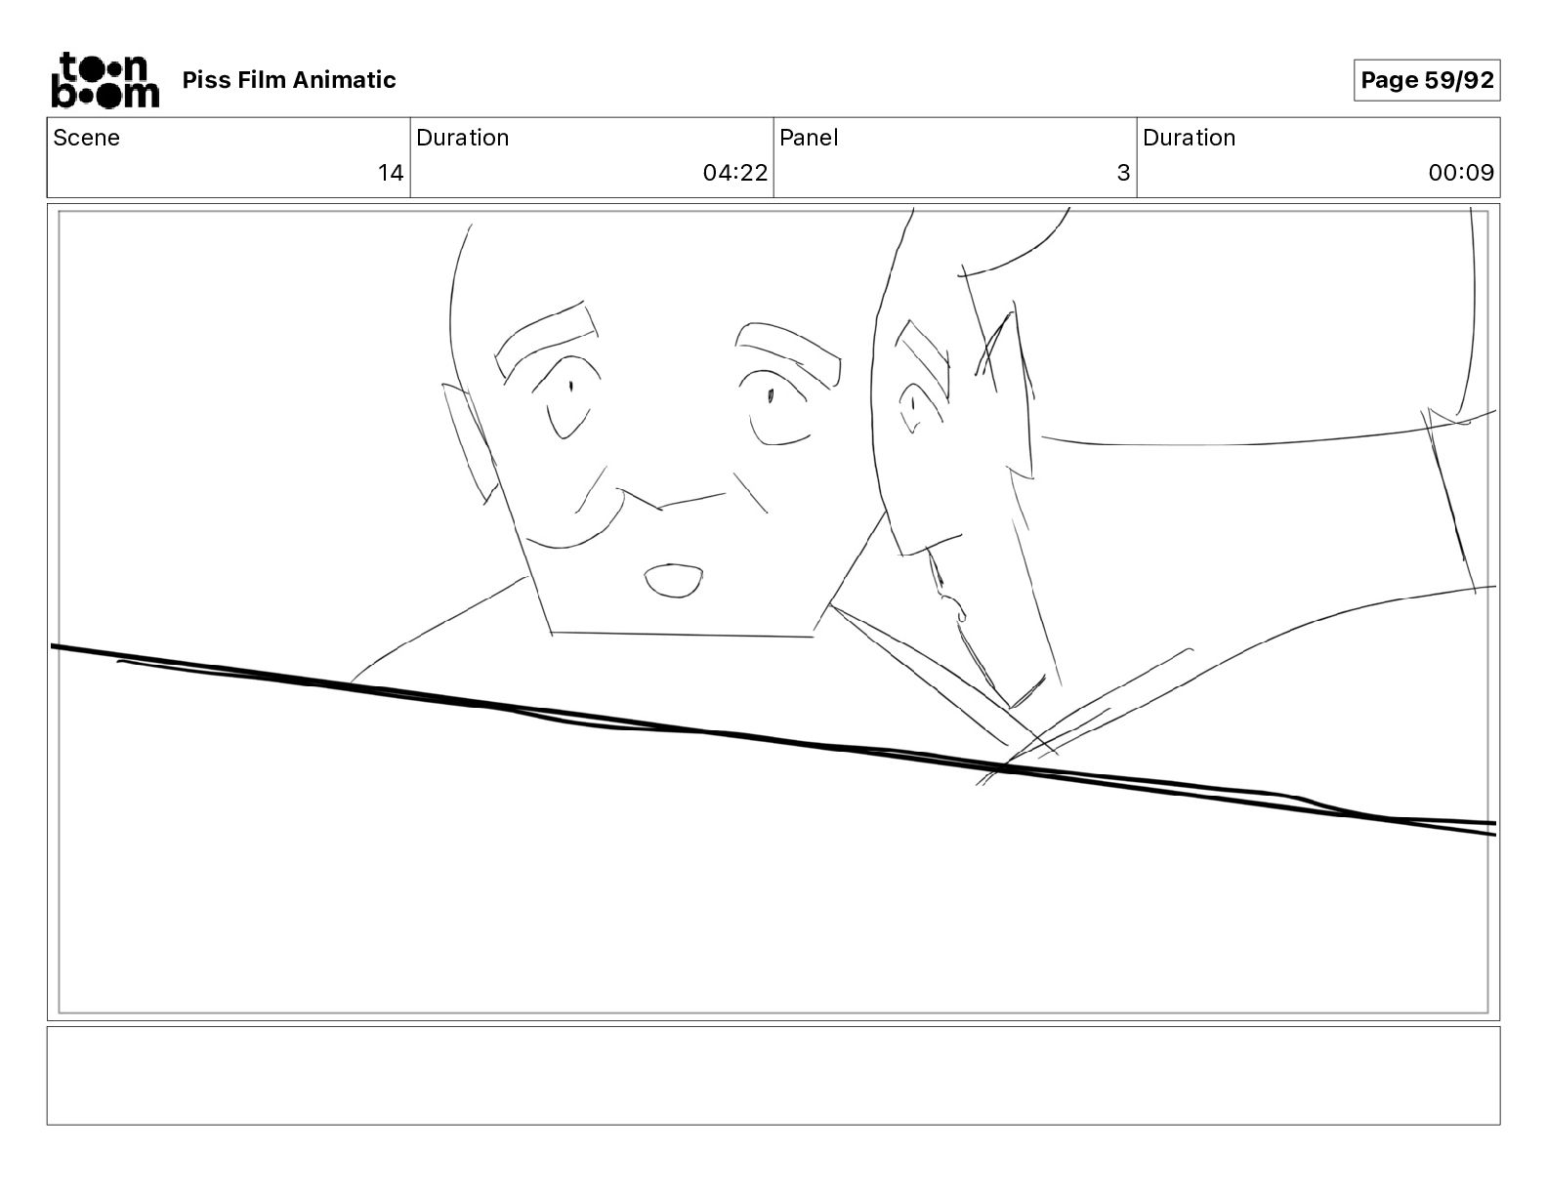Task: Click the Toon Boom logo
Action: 105,80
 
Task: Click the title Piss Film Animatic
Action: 289,80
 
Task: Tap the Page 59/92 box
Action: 1427,80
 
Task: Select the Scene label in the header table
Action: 86,138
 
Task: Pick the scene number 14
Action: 390,173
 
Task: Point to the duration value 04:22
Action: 734,173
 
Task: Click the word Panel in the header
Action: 809,138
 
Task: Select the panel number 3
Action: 1123,173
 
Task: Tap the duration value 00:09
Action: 1461,173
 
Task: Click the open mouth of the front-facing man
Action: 674,581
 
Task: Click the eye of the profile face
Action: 912,407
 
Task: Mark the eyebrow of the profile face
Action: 923,359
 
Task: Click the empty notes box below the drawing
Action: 773,1076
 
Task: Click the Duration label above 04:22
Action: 463,138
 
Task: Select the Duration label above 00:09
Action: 1189,138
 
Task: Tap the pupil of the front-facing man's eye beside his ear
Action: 571,387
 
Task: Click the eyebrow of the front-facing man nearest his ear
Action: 545,339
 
